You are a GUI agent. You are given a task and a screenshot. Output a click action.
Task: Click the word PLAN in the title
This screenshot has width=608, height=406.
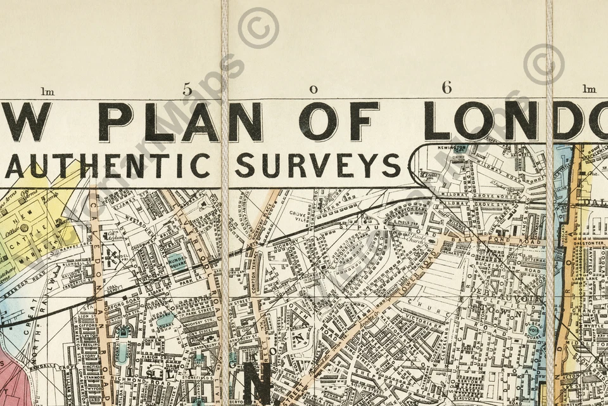[180, 121]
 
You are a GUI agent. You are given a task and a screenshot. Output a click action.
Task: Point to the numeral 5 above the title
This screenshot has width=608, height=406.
[187, 89]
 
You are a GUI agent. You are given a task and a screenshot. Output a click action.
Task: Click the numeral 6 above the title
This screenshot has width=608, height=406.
[447, 88]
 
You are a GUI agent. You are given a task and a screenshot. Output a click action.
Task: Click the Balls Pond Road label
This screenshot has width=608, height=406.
[507, 241]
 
